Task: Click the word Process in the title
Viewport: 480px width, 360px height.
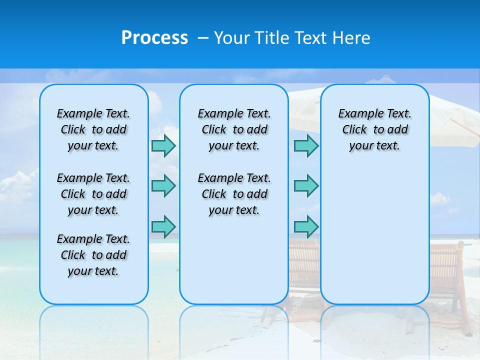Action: pyautogui.click(x=154, y=37)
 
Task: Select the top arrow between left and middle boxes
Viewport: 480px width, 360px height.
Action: pyautogui.click(x=163, y=146)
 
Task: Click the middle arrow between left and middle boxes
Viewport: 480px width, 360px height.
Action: pyautogui.click(x=163, y=186)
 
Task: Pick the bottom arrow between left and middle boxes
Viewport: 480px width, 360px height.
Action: pyautogui.click(x=163, y=226)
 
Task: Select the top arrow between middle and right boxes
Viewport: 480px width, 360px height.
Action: pyautogui.click(x=306, y=146)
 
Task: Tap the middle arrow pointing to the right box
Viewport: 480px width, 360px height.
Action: pyautogui.click(x=306, y=186)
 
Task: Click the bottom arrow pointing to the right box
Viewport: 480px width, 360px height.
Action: pyautogui.click(x=306, y=226)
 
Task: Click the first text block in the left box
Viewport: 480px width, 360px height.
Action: pyautogui.click(x=93, y=129)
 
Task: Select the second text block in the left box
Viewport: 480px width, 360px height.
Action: pyautogui.click(x=93, y=194)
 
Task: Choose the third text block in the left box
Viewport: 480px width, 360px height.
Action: pyautogui.click(x=93, y=255)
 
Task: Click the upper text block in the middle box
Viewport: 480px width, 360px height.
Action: pyautogui.click(x=234, y=129)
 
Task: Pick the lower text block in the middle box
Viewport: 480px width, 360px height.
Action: pyautogui.click(x=234, y=194)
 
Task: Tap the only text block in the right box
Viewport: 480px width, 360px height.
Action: pyautogui.click(x=375, y=129)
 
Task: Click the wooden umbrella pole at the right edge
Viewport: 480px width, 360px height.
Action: pyautogui.click(x=465, y=125)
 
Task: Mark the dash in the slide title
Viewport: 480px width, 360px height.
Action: pyautogui.click(x=203, y=38)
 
